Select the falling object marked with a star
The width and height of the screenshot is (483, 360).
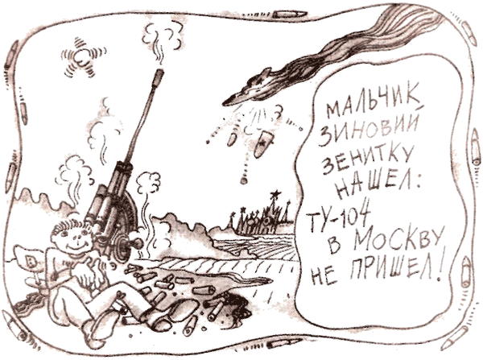262,150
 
